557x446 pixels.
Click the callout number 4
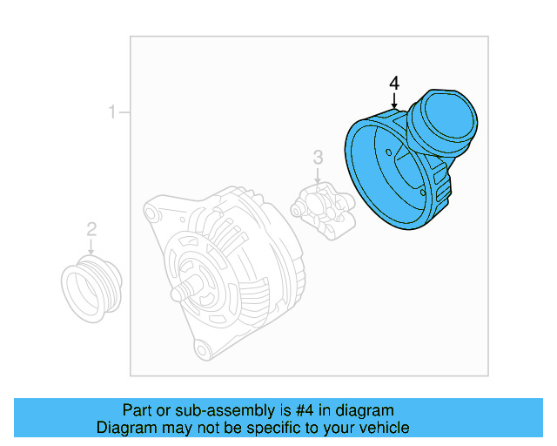pos(394,84)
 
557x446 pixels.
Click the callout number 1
pos(111,112)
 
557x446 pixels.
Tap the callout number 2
pos(91,230)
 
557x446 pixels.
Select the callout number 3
pos(318,157)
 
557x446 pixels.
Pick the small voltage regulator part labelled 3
pos(323,212)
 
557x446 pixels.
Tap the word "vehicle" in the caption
pos(381,428)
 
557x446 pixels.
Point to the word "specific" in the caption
pos(277,428)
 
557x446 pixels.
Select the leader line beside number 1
pos(124,112)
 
